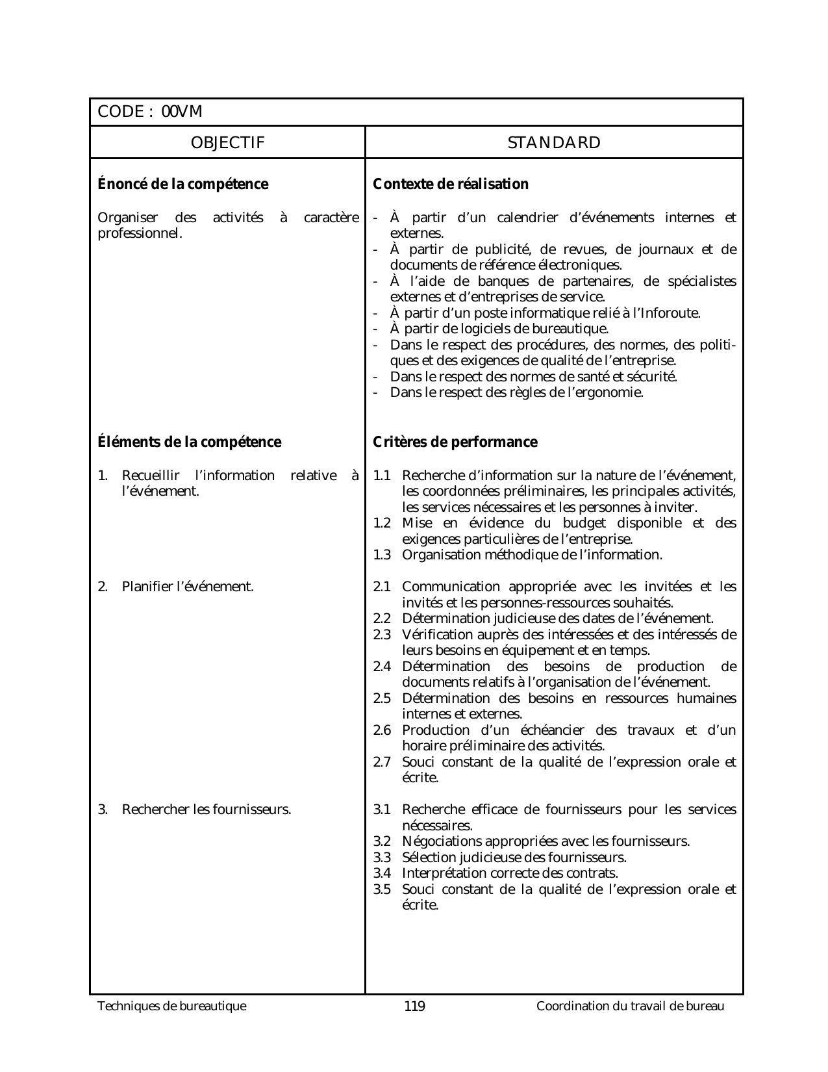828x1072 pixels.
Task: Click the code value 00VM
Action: pos(182,112)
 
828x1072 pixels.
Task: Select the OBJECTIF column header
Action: pos(228,143)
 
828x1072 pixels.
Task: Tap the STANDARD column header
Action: pos(554,143)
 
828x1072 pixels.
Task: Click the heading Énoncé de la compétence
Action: pos(182,185)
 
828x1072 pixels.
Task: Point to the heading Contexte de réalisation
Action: pos(451,185)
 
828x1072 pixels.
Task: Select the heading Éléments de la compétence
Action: pos(189,442)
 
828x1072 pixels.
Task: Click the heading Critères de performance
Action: pos(455,442)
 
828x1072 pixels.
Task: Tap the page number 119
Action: pos(414,1007)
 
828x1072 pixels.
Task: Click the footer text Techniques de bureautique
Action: pos(172,1007)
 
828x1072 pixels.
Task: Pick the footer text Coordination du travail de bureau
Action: pos(630,1007)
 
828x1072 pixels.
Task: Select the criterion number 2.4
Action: pos(382,667)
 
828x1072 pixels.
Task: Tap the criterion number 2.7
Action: pos(382,762)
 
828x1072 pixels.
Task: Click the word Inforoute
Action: pos(670,313)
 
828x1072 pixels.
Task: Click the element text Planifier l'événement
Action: pos(188,587)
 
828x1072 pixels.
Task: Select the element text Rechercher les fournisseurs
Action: pos(207,810)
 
